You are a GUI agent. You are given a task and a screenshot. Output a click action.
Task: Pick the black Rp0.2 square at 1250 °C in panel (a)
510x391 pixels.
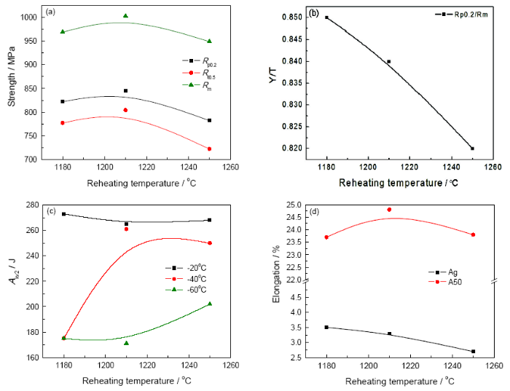click(210, 120)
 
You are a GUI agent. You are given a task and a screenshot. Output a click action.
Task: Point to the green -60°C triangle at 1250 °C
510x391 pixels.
click(210, 304)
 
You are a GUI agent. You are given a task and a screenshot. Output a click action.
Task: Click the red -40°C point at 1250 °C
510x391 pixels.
click(210, 243)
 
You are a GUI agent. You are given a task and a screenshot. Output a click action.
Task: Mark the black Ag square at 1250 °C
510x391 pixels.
click(473, 351)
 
